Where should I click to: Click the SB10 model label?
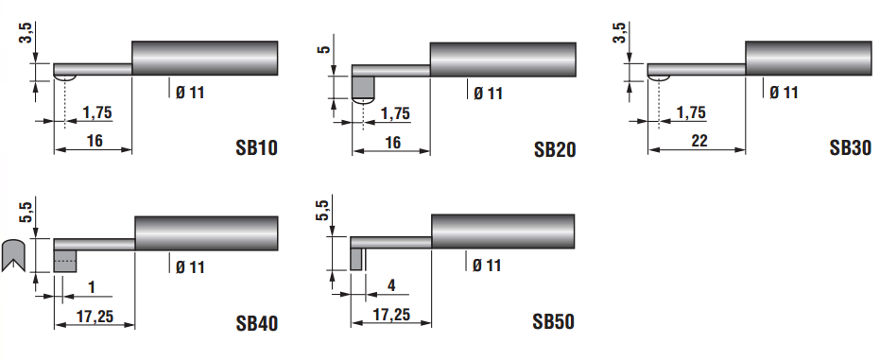coord(256,147)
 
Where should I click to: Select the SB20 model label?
coord(555,149)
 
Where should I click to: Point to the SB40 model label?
coord(256,323)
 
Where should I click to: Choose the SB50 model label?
coord(553,321)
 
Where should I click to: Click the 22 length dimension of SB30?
coord(699,141)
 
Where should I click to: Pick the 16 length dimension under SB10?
coord(95,140)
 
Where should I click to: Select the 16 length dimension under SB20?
coord(393,143)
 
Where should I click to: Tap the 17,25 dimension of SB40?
coord(95,317)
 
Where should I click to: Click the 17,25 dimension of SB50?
coord(391,315)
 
